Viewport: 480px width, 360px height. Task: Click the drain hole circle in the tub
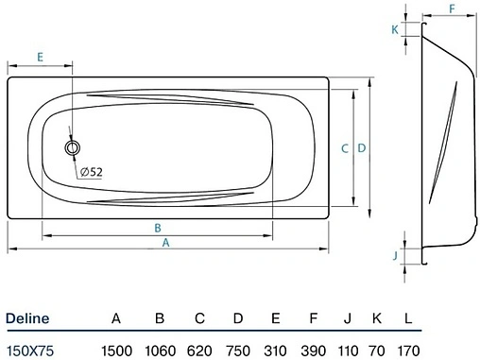(x=73, y=148)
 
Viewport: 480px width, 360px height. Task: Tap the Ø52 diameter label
(x=91, y=171)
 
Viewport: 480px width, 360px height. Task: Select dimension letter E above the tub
(x=41, y=58)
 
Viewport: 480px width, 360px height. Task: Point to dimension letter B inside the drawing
(x=158, y=228)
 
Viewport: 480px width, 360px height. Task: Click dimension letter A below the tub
(x=166, y=243)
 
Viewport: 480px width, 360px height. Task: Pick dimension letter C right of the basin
(x=345, y=148)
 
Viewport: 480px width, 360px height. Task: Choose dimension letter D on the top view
(x=361, y=148)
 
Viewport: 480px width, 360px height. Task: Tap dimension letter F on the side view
(x=452, y=9)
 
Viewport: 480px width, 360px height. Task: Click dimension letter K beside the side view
(x=394, y=29)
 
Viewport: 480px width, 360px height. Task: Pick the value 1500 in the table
(x=115, y=349)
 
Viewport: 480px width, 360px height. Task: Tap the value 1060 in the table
(x=160, y=349)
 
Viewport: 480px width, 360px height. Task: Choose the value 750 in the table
(x=238, y=349)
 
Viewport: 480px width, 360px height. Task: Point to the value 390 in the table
(x=312, y=349)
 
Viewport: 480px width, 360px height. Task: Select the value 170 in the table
(x=408, y=349)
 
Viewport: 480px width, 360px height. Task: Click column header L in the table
(x=408, y=318)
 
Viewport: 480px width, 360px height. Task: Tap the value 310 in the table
(x=275, y=349)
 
